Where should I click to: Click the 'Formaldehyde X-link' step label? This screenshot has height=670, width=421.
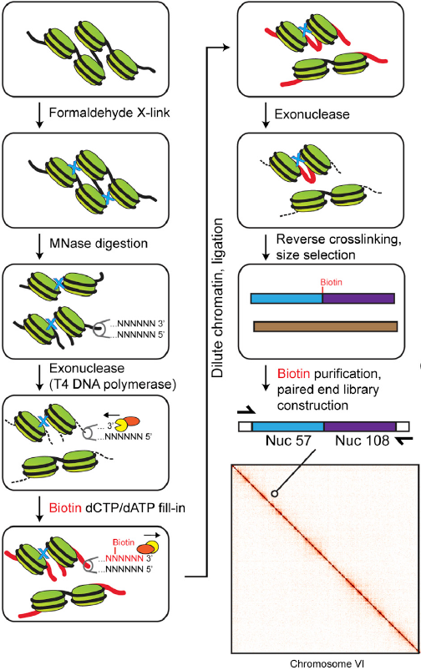point(109,113)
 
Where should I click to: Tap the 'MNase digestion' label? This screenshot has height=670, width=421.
point(99,244)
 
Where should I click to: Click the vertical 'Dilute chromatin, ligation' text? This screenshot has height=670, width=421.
point(218,298)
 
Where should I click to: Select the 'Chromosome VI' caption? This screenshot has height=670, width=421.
point(327,663)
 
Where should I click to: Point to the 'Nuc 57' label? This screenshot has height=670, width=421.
point(288,440)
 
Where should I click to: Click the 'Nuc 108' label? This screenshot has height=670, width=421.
point(362,440)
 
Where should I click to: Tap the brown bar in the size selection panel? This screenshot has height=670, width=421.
point(326,327)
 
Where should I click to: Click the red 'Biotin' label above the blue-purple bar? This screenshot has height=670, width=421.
point(331,282)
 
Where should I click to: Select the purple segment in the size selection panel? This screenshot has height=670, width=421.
point(358,298)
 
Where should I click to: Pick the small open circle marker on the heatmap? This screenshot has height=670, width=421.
point(274,493)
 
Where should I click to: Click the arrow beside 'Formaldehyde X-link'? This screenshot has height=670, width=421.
point(39,114)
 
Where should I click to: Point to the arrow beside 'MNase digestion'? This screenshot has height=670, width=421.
point(39,246)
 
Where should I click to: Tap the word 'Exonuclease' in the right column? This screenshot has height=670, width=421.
point(312,114)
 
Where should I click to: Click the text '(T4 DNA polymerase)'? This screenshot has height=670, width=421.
point(113,385)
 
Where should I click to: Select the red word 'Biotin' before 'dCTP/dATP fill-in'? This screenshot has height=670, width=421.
point(65,507)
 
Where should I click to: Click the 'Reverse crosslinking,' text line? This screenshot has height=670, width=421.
point(339,239)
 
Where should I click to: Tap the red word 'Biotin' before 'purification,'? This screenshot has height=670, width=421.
point(293,374)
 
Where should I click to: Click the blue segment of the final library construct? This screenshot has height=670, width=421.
point(288,426)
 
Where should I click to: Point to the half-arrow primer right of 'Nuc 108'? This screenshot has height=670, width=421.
point(404,441)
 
